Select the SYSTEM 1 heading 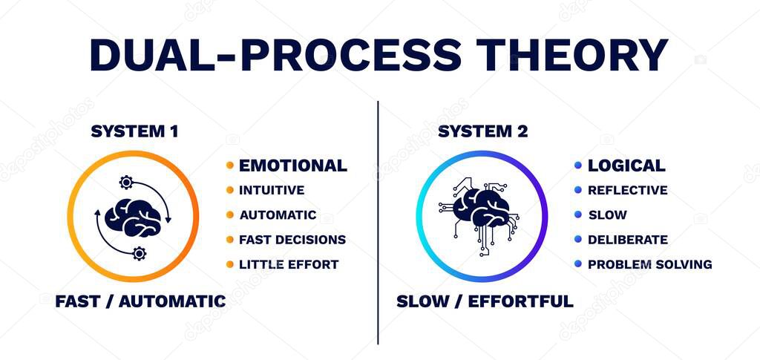tap(134, 131)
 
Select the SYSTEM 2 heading tap(482, 131)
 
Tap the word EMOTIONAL tap(292, 166)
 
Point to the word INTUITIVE tap(271, 190)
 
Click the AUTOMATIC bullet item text tap(278, 215)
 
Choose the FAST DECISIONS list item tap(292, 240)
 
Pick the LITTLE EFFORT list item tap(288, 264)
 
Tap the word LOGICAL tap(626, 166)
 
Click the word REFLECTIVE tap(627, 190)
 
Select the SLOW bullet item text tap(607, 215)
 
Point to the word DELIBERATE tap(627, 240)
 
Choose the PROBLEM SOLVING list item tap(649, 264)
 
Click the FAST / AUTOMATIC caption tap(140, 301)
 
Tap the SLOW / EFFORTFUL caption tap(485, 301)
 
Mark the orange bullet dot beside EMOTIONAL tap(229, 166)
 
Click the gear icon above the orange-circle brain tap(126, 182)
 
